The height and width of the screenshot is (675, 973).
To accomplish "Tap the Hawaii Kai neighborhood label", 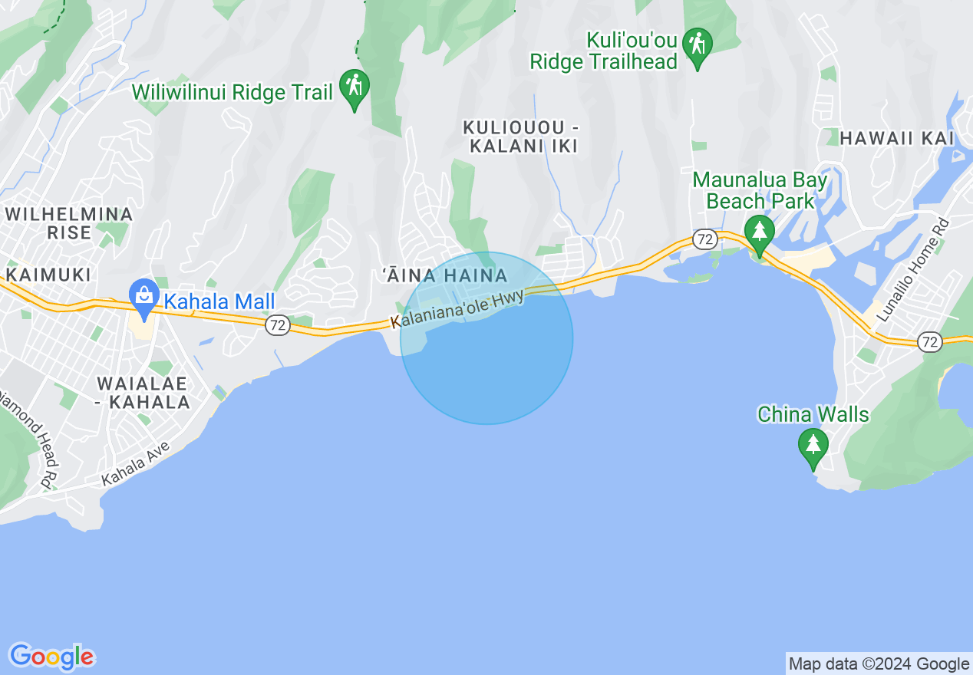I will point(896,138).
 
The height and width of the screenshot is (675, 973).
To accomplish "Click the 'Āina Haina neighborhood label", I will point(445,275).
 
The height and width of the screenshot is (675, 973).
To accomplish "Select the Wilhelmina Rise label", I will point(69,223).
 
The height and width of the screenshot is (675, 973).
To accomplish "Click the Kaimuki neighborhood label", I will point(48,275).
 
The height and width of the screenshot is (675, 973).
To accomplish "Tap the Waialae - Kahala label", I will point(143,392).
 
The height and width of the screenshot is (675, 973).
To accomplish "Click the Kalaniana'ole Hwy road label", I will point(457,310).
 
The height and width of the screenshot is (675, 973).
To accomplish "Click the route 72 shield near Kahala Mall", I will point(278,326).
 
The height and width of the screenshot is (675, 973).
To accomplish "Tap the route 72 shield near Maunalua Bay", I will point(704,239).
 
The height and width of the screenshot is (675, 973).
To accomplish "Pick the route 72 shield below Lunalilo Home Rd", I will point(930,342).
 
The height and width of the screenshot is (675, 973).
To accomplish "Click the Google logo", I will point(51,657).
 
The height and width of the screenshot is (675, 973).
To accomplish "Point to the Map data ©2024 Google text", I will point(879,664).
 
